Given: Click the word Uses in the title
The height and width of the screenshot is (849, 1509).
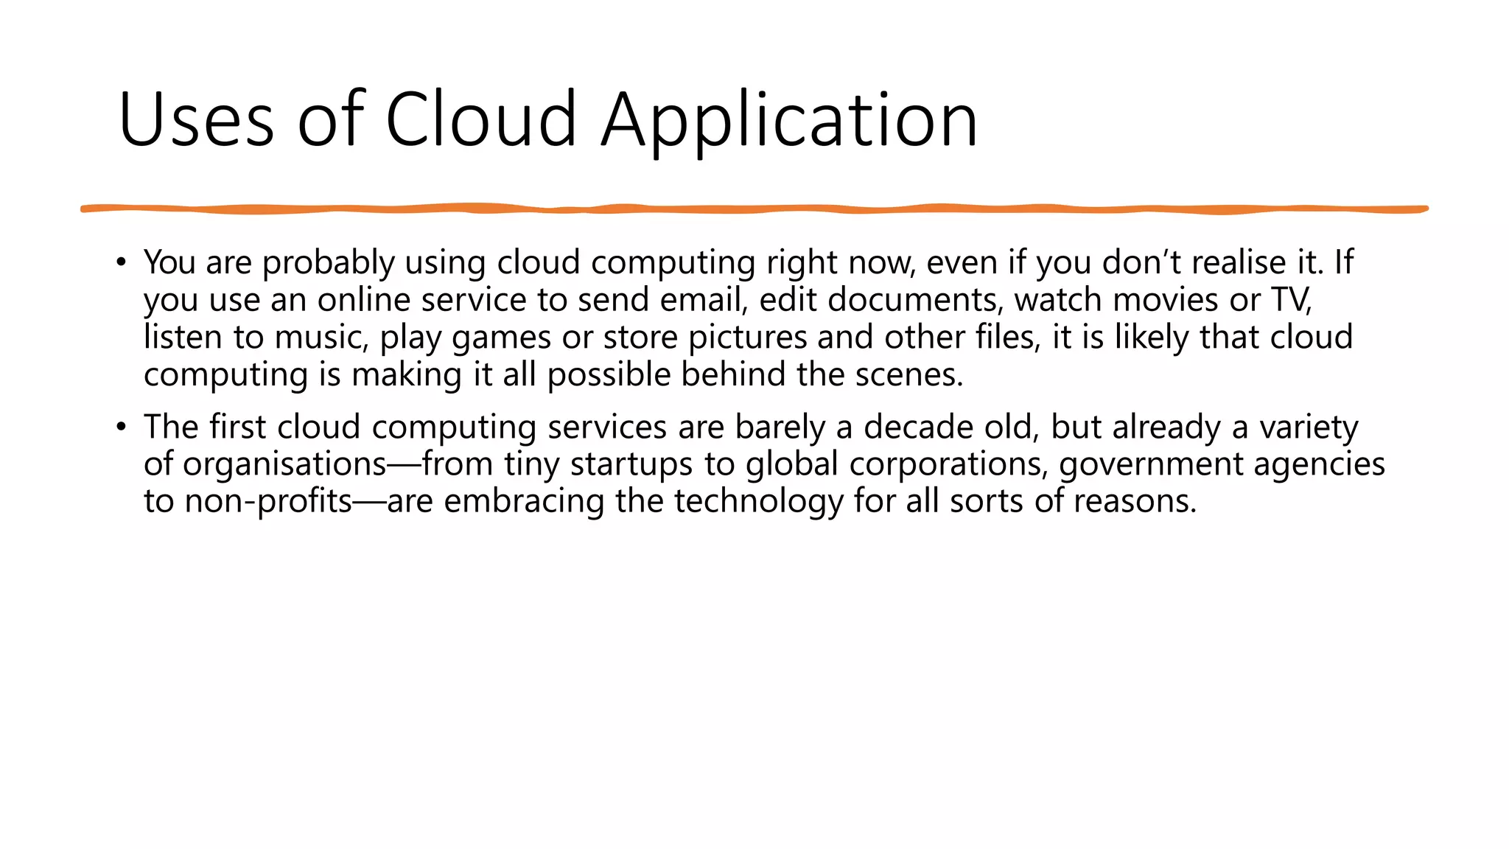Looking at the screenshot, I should [x=196, y=120].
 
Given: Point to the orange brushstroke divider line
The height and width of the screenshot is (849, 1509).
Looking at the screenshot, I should [x=754, y=209].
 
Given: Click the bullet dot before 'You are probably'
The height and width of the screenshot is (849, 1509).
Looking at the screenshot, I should [x=122, y=262].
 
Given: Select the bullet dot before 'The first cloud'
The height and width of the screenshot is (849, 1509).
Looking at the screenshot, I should [x=122, y=427].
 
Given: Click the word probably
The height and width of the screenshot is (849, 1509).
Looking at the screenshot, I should [x=329, y=263].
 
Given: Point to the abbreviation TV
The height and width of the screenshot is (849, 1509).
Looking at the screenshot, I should [x=1290, y=300].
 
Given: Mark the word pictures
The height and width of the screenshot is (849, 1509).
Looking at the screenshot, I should [x=748, y=338].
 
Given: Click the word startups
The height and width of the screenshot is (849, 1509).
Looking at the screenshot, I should [x=631, y=465].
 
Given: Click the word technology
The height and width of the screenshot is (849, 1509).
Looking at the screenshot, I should [x=759, y=502].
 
